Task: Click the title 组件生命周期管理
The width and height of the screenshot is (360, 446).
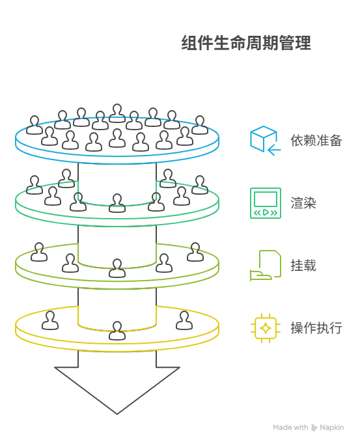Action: (x=246, y=44)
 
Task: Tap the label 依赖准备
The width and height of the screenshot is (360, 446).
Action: (x=316, y=140)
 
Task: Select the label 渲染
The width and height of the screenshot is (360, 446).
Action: (x=303, y=202)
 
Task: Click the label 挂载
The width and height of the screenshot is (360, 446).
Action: (x=303, y=265)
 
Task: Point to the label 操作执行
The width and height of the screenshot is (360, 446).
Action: (x=316, y=328)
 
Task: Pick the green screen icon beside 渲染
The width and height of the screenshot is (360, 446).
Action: (x=266, y=202)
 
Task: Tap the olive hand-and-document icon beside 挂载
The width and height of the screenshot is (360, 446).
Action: (x=266, y=265)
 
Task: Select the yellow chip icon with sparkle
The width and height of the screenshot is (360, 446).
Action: (x=266, y=328)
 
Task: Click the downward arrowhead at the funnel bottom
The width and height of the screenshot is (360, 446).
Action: (x=117, y=391)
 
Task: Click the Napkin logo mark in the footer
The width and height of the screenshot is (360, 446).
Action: (x=315, y=428)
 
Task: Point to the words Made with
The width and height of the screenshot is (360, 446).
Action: (x=290, y=428)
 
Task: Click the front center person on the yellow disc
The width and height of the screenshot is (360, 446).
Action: (x=117, y=330)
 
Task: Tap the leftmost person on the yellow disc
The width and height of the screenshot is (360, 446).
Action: (x=50, y=320)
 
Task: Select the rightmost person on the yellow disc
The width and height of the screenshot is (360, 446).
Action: (x=184, y=320)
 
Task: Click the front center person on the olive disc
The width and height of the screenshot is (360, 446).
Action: (x=117, y=268)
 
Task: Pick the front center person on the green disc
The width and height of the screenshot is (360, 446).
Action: (x=117, y=203)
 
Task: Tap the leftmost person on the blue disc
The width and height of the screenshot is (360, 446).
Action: (x=35, y=125)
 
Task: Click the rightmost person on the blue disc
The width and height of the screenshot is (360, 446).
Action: (x=200, y=125)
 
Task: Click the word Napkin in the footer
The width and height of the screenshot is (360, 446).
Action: (x=333, y=428)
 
